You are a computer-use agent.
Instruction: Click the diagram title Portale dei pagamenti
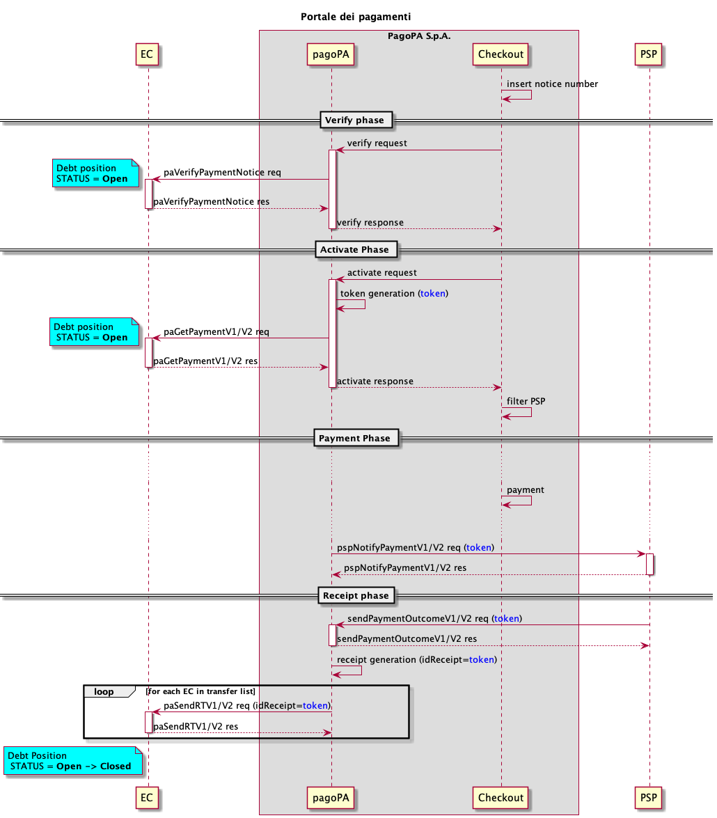361,16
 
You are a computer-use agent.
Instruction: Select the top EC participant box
147,54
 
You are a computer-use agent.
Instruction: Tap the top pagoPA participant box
331,54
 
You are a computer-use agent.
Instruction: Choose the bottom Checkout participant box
501,797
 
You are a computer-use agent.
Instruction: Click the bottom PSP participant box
649,797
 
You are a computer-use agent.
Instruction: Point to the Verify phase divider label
355,120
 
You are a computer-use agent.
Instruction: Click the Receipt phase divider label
356,596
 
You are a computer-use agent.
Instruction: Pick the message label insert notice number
552,84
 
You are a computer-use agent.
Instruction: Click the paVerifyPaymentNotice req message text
222,172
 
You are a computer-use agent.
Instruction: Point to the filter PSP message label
526,401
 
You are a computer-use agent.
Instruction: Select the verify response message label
370,222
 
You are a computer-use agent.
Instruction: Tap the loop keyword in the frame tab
104,691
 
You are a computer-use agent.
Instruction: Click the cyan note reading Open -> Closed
73,761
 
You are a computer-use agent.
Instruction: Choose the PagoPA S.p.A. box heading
419,36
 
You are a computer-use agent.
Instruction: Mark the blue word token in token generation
433,294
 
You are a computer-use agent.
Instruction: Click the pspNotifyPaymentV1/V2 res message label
405,567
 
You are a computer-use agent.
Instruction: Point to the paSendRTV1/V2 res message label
196,726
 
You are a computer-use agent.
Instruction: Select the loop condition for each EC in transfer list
201,691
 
